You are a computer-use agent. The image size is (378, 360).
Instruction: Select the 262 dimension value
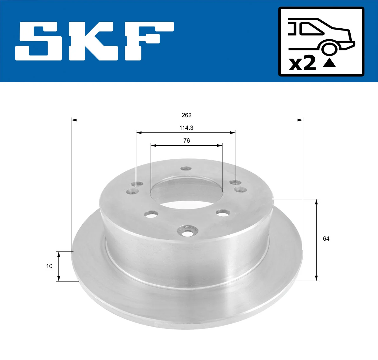point(186,115)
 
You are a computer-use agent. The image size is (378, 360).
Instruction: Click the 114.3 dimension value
point(186,128)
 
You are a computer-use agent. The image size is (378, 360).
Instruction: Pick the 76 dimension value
point(186,141)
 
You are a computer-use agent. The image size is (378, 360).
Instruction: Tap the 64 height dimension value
point(326,239)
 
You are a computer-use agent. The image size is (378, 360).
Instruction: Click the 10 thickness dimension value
point(49,266)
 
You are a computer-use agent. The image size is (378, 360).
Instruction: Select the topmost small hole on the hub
point(186,169)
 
